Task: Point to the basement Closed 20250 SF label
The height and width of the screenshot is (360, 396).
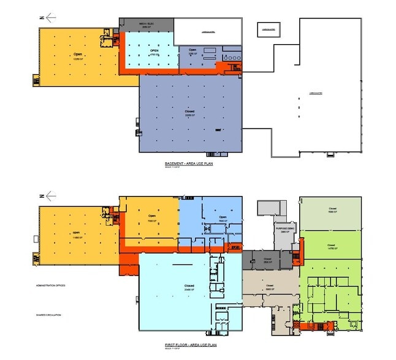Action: (x=189, y=114)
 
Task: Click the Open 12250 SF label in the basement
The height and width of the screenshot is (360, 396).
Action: (x=78, y=56)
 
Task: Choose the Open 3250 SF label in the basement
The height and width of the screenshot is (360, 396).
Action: (x=192, y=51)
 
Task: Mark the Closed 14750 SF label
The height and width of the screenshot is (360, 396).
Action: (x=332, y=246)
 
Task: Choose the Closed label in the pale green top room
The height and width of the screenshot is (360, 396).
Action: (x=332, y=210)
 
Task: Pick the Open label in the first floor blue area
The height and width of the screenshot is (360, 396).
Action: (x=223, y=219)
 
